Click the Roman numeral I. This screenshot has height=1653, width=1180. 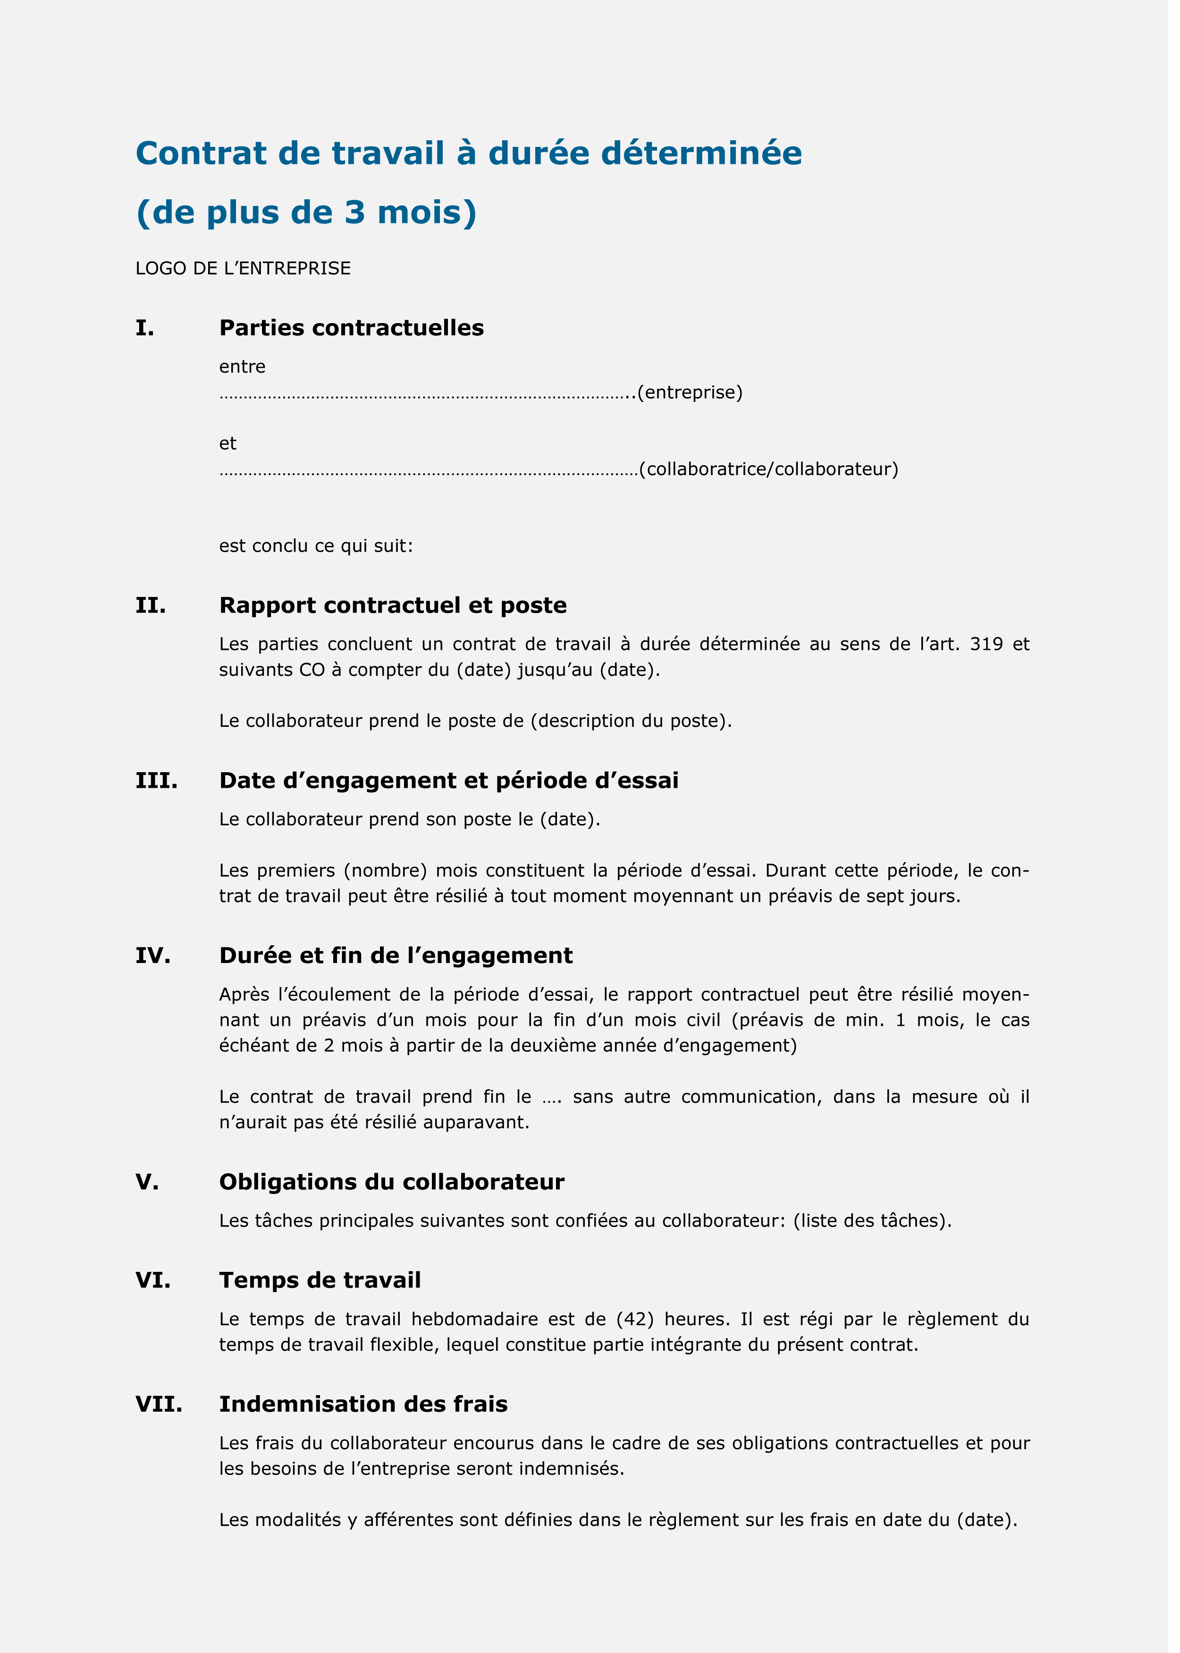144,329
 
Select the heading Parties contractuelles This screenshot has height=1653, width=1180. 351,329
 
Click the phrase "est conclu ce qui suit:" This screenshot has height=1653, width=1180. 316,546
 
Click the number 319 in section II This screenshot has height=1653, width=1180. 986,645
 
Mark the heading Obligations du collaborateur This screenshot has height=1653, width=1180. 392,1182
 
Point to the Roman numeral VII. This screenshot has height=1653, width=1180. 159,1405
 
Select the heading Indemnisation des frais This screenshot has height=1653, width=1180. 363,1405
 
